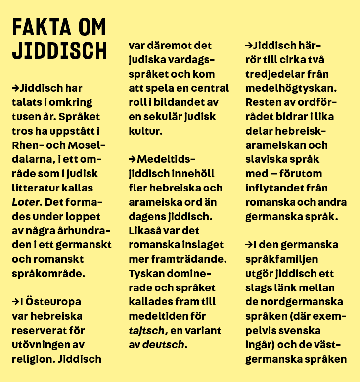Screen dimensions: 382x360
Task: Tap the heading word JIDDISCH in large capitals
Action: point(59,51)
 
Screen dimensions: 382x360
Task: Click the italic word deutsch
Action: point(163,344)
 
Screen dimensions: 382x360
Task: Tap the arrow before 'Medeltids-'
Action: point(132,159)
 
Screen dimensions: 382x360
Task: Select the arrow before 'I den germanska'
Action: point(249,245)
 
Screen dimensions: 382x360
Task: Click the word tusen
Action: point(25,116)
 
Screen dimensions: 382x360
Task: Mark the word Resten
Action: point(262,102)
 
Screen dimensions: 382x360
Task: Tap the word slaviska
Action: point(266,159)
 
